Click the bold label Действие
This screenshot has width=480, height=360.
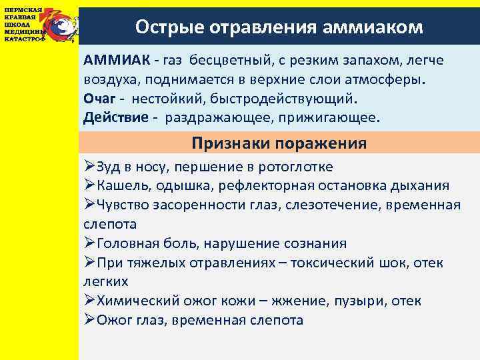pos(111,118)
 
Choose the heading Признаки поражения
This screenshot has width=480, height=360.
pos(279,143)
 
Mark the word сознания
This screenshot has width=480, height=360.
pos(315,243)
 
